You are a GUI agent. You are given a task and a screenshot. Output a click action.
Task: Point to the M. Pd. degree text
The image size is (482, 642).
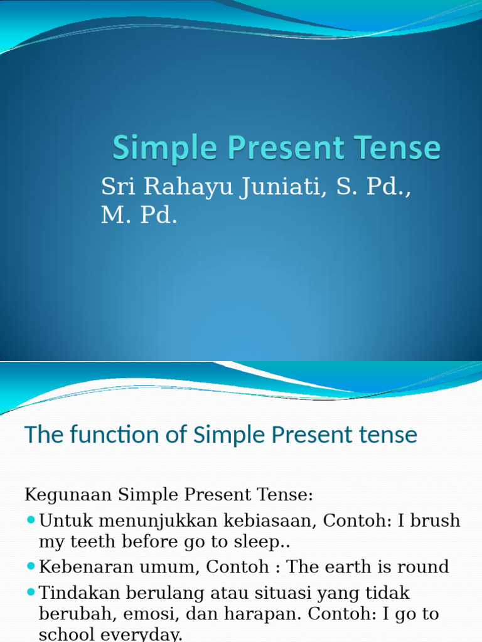pyautogui.click(x=139, y=216)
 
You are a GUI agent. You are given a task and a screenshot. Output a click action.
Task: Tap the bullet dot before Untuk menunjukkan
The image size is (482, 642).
pyautogui.click(x=31, y=520)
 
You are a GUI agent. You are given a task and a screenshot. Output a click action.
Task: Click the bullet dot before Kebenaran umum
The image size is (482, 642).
pyautogui.click(x=31, y=567)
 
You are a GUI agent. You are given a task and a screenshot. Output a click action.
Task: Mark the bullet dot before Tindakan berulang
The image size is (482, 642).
pyautogui.click(x=31, y=592)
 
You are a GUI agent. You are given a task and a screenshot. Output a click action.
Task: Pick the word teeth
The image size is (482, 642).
pyautogui.click(x=98, y=542)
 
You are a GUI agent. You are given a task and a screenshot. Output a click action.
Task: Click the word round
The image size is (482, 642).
pyautogui.click(x=422, y=567)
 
